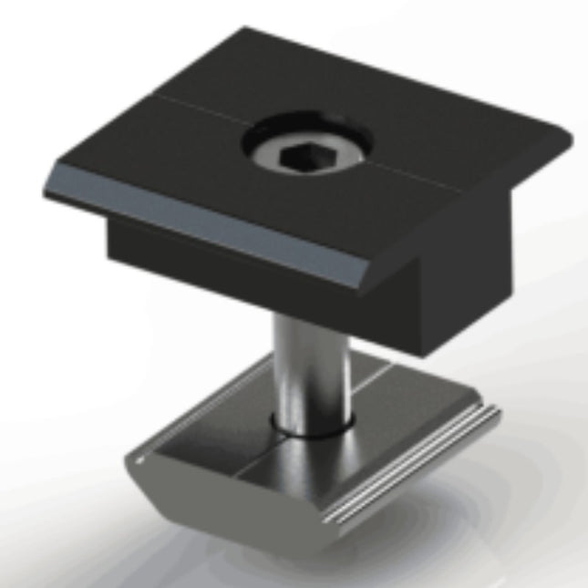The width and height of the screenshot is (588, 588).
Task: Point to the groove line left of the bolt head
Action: point(182,107)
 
